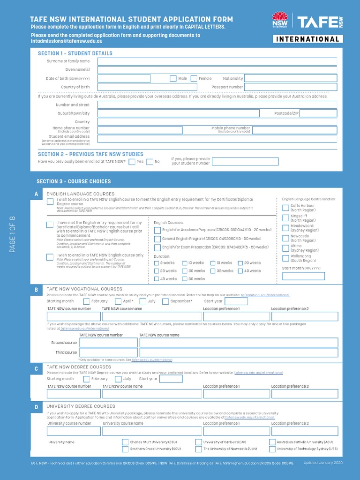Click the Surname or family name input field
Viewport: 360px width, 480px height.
[217, 61]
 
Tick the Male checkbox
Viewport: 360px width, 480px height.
[173, 79]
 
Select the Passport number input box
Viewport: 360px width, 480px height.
[290, 87]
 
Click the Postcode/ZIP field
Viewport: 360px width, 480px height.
[318, 113]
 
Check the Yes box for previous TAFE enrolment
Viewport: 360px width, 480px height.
[132, 162]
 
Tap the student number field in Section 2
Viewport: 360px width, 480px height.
[245, 162]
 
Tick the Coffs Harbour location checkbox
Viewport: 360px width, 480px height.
[285, 208]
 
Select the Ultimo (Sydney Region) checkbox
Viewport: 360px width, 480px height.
[285, 248]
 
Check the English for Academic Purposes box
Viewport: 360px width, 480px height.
[157, 230]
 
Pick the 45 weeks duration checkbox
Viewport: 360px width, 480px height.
[157, 279]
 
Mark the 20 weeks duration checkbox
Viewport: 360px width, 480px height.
[240, 263]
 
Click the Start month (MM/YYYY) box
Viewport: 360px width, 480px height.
[303, 276]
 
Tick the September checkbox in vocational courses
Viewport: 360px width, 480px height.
[165, 301]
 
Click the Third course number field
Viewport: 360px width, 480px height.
[108, 353]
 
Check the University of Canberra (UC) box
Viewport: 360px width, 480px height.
[199, 442]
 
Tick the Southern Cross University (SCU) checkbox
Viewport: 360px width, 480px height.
[125, 449]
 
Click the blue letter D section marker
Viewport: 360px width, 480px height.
[36, 407]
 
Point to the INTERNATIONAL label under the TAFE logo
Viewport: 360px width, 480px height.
[307, 39]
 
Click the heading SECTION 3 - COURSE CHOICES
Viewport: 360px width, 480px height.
[74, 181]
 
